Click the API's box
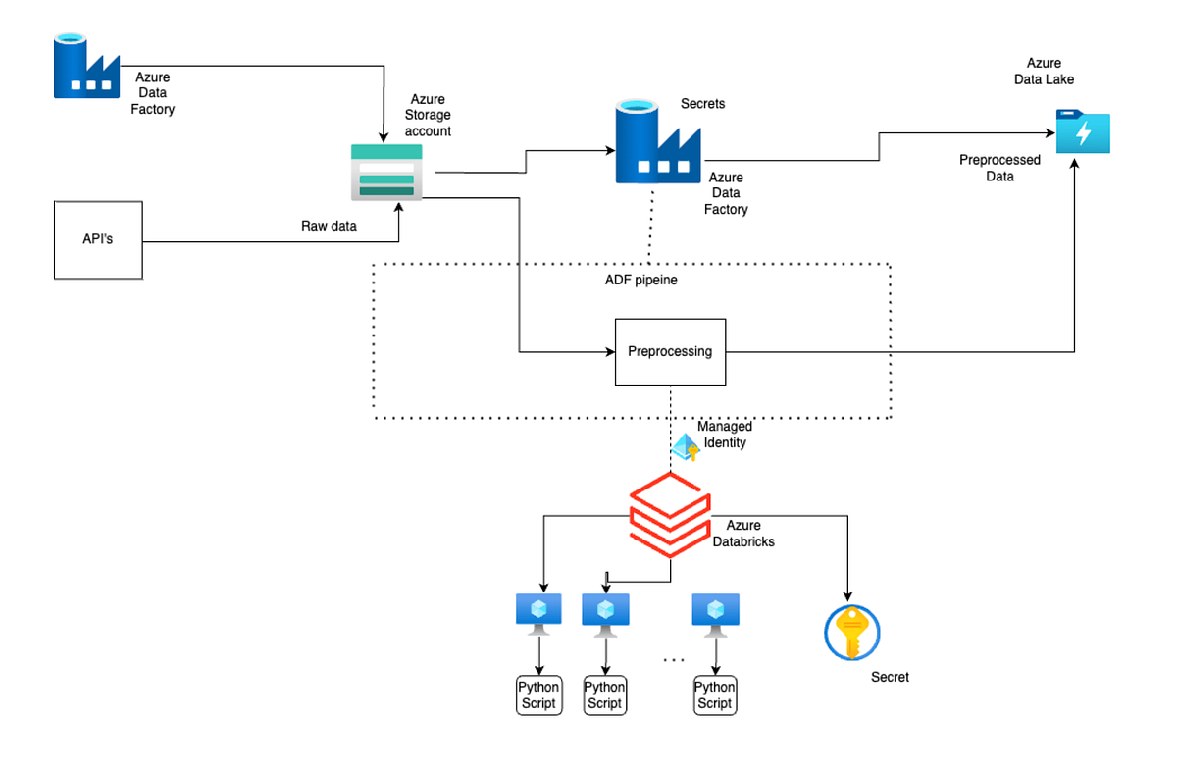click(x=98, y=239)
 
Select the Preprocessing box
click(x=670, y=351)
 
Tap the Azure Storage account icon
click(x=386, y=173)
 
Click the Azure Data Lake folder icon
click(x=1083, y=131)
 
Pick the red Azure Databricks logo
click(x=669, y=510)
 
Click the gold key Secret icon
click(x=851, y=633)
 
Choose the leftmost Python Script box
click(x=539, y=695)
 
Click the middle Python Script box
click(x=605, y=695)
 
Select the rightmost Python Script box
click(x=714, y=695)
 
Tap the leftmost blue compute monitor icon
click(x=538, y=611)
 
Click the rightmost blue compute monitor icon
click(x=714, y=611)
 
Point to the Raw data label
click(x=329, y=226)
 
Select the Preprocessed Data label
click(x=999, y=168)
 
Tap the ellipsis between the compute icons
click(x=673, y=660)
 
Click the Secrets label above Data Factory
click(x=702, y=103)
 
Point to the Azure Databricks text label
click(x=743, y=533)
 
